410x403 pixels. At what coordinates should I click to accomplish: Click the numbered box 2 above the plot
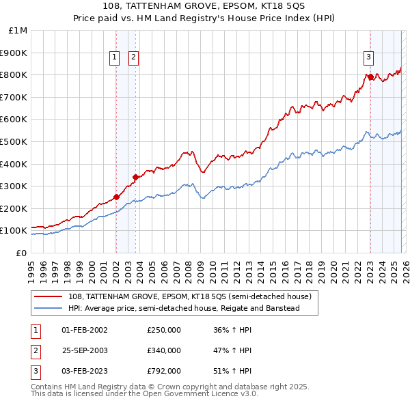[133, 57]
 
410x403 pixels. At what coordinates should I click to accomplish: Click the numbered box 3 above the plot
[368, 57]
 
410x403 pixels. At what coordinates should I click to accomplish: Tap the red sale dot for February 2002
[116, 197]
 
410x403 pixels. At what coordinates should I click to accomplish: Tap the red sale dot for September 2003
[136, 177]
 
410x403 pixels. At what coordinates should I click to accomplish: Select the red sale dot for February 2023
[370, 77]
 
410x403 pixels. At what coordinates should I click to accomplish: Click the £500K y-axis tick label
[15, 141]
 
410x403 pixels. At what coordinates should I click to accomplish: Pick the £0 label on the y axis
[20, 253]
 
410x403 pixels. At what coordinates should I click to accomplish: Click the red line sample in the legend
[49, 297]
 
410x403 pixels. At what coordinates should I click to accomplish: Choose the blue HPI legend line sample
[49, 309]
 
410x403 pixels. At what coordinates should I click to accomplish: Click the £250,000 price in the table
[164, 330]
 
